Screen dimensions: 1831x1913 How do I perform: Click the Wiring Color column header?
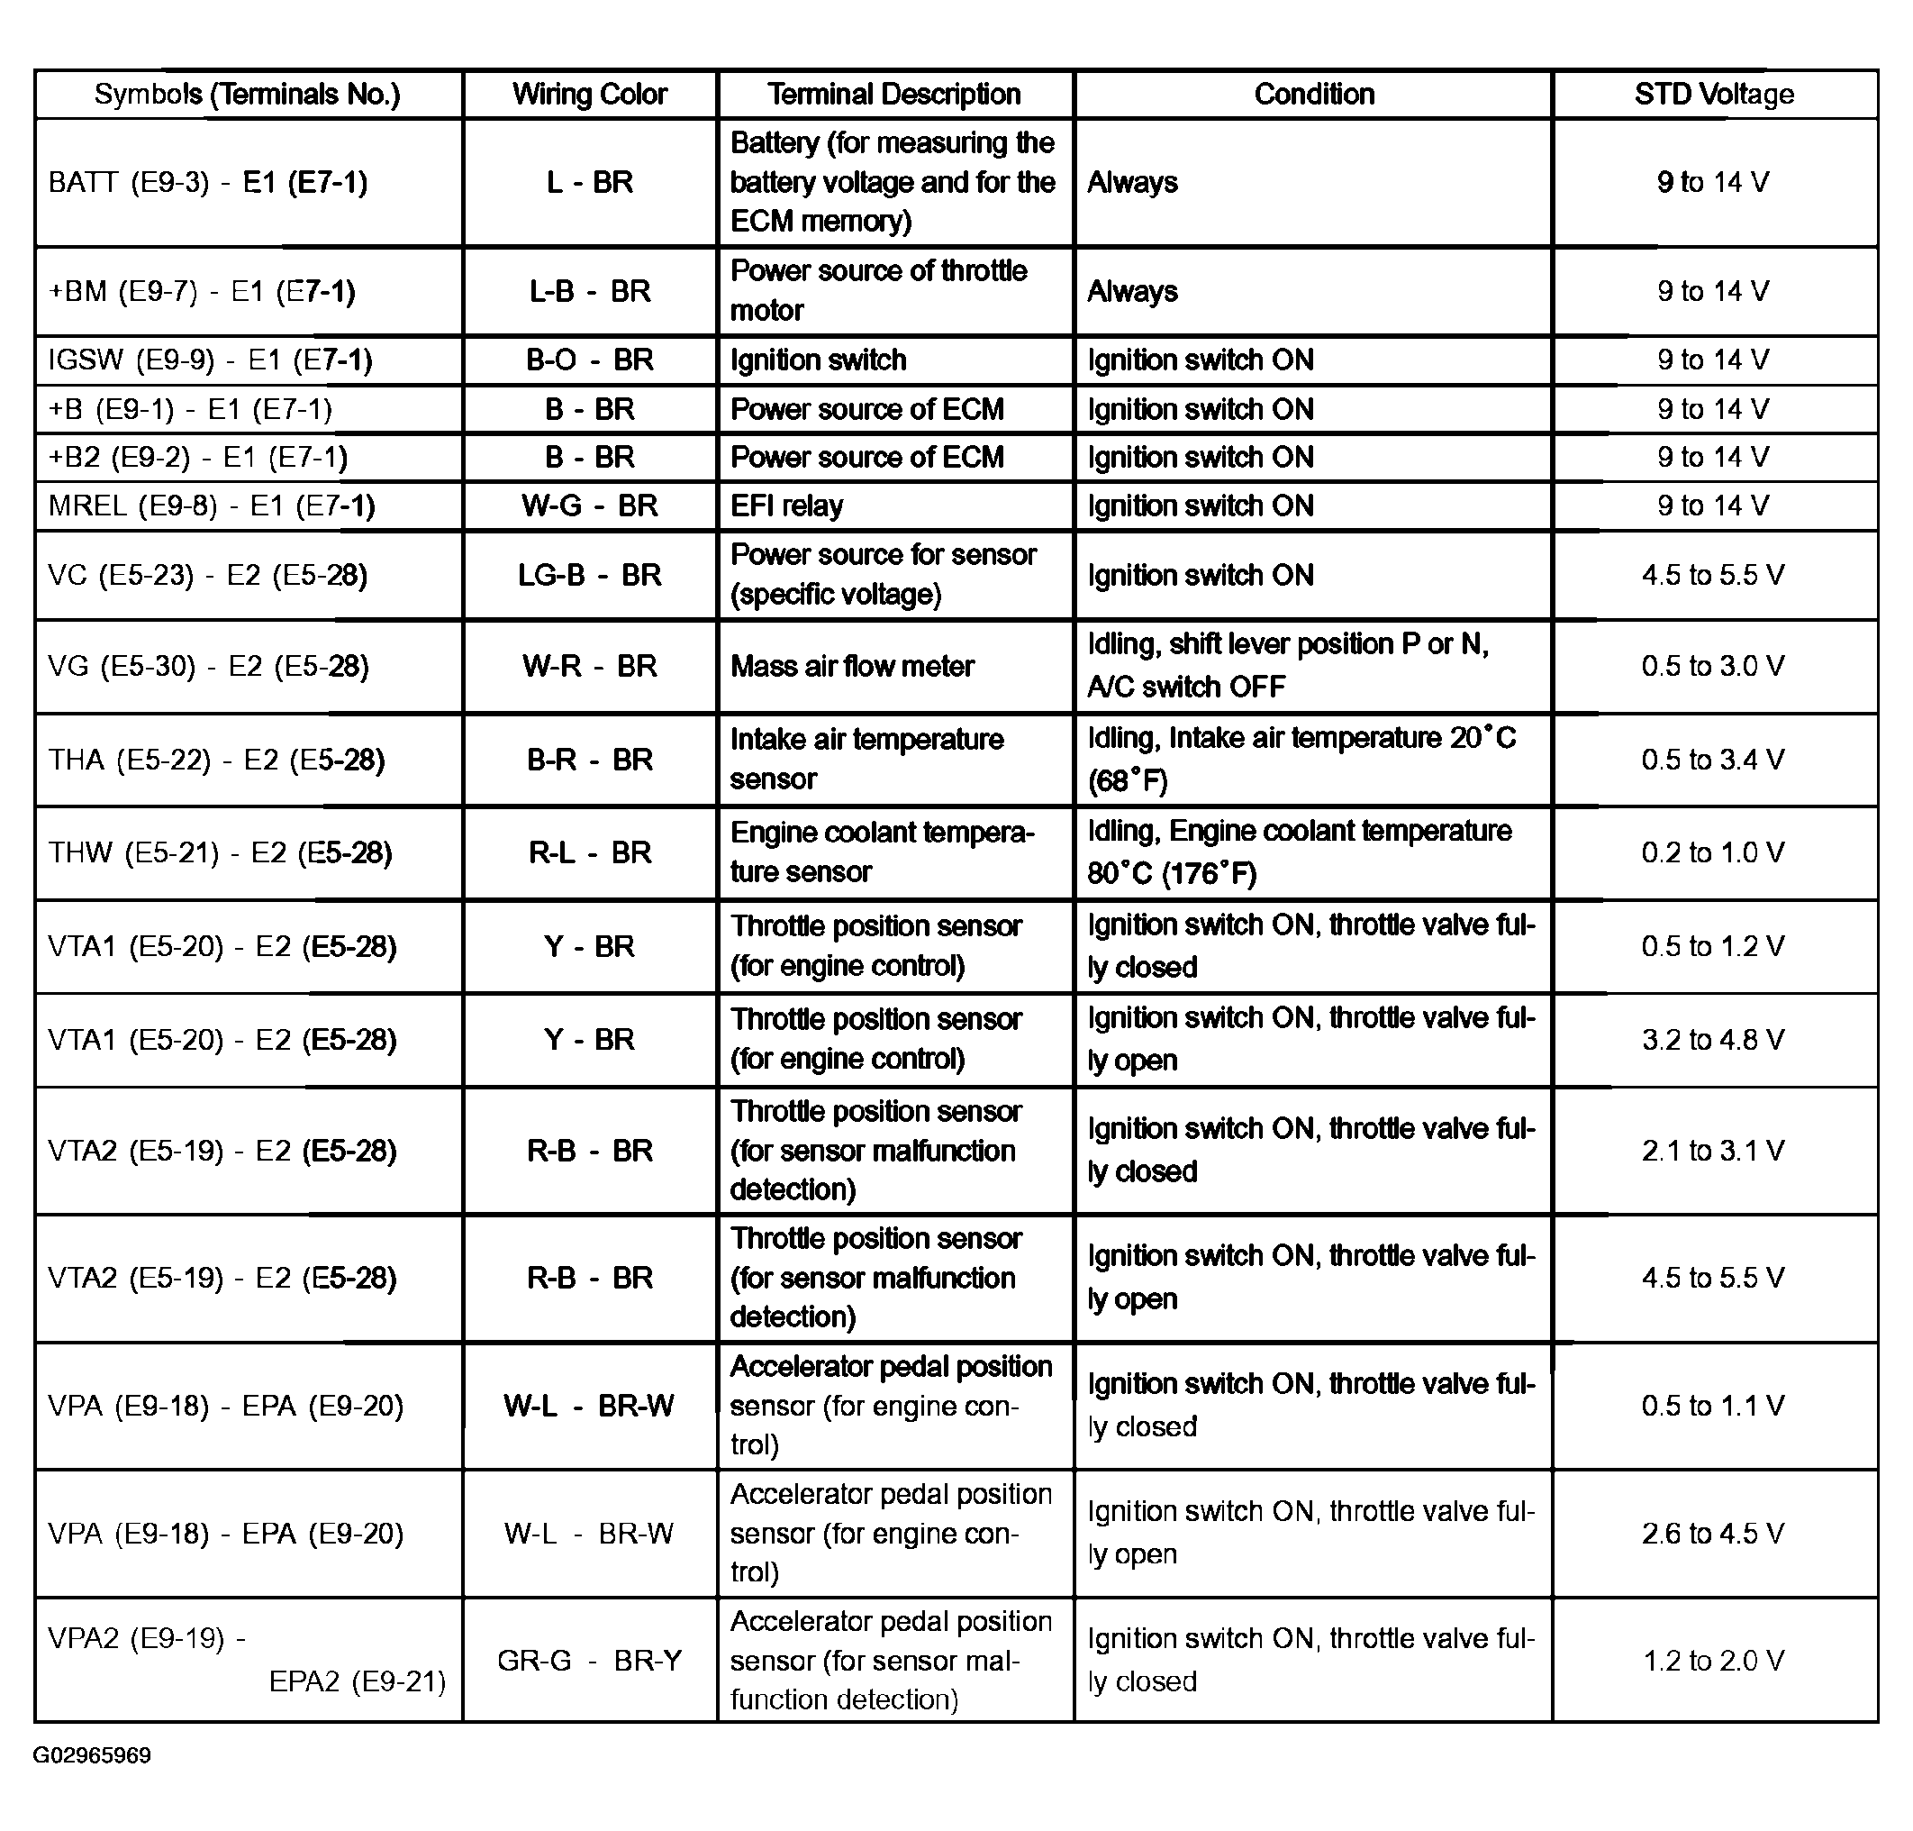click(x=589, y=95)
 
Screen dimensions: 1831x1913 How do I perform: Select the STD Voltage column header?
click(x=1713, y=95)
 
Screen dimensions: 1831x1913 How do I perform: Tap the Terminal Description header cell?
click(x=893, y=95)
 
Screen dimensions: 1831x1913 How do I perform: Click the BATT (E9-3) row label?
click(x=208, y=183)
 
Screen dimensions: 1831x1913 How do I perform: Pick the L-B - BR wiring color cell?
click(x=589, y=292)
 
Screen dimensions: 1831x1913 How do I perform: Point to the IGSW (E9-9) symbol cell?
click(x=210, y=360)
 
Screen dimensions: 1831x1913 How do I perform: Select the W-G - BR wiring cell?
click(x=589, y=506)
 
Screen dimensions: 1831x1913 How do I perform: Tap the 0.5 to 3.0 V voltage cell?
click(x=1713, y=667)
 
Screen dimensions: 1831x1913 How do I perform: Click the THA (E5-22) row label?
click(x=215, y=761)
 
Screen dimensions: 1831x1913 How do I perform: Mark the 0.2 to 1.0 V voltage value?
click(x=1713, y=853)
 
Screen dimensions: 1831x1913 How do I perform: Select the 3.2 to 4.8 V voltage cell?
click(x=1713, y=1040)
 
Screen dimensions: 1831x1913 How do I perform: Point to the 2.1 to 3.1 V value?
click(x=1713, y=1151)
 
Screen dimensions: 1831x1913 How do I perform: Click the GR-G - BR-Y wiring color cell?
click(x=589, y=1660)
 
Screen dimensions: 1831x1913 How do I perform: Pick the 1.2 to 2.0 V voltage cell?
click(x=1713, y=1660)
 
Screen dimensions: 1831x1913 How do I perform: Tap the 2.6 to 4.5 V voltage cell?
click(x=1713, y=1534)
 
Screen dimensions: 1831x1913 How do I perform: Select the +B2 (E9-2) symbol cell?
click(x=197, y=458)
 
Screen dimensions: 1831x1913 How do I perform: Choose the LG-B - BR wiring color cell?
click(x=589, y=576)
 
